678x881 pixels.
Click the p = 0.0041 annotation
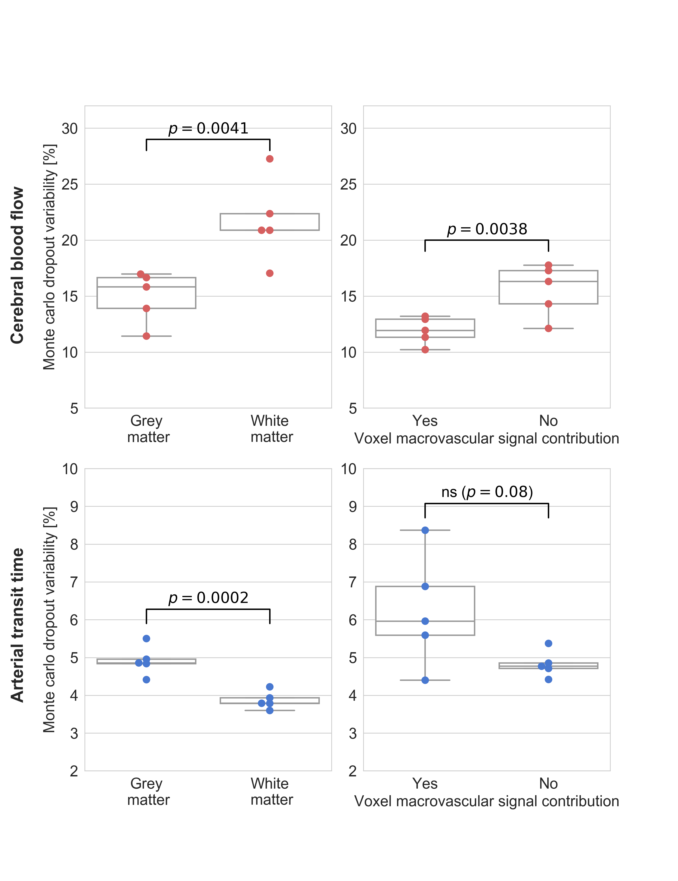click(x=208, y=128)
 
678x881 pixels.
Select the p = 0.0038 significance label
click(x=487, y=229)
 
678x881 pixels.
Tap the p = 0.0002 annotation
click(x=208, y=597)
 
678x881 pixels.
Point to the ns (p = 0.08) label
click(x=487, y=492)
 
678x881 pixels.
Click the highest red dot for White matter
click(x=270, y=159)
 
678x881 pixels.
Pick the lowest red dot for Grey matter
click(x=146, y=336)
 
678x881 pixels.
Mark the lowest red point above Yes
click(x=425, y=350)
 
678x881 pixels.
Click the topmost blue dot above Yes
click(x=425, y=530)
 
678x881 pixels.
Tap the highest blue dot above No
click(x=549, y=643)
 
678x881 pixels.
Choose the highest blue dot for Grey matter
click(x=146, y=639)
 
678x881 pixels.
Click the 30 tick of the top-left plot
click(x=69, y=129)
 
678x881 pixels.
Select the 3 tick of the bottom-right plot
click(x=353, y=733)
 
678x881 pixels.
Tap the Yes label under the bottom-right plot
click(x=425, y=783)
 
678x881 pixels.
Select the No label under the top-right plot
click(x=549, y=421)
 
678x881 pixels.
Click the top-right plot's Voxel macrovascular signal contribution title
click(x=487, y=438)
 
